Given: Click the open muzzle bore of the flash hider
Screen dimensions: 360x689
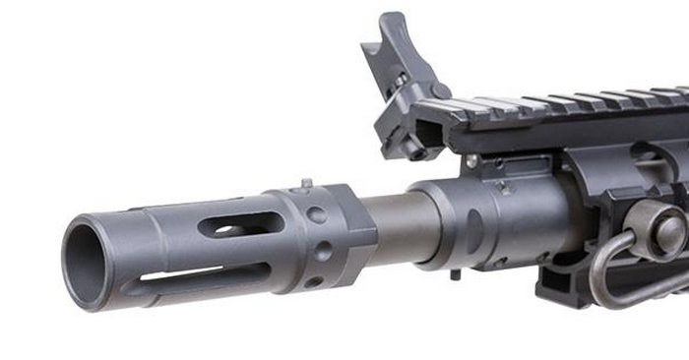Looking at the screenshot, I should click(87, 263).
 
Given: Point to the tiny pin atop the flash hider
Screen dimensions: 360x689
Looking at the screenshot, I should click(306, 182).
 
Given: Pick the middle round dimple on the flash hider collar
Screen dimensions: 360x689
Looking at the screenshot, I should click(323, 251).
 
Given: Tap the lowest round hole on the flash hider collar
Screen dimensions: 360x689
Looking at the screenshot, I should click(314, 281).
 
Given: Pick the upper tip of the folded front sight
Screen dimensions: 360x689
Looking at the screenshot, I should click(387, 22).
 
